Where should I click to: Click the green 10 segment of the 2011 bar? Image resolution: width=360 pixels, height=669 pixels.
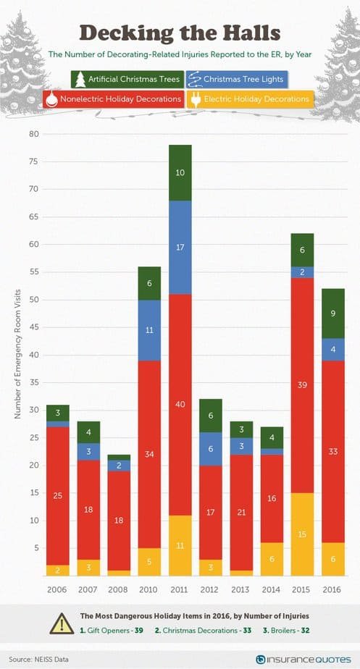click(x=180, y=173)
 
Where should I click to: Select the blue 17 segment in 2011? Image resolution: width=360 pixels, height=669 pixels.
click(x=180, y=248)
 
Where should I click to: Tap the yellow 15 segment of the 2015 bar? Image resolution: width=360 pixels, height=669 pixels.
click(x=303, y=534)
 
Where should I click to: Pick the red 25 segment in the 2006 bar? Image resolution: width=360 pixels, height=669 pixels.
click(x=57, y=496)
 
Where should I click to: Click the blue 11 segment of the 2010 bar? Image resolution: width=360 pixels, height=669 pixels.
click(x=149, y=330)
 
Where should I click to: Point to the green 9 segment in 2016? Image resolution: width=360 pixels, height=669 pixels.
click(x=333, y=314)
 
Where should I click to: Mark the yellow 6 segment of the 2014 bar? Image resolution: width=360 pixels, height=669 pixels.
click(x=272, y=559)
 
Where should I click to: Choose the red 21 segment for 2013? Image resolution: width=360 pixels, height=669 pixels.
click(x=241, y=513)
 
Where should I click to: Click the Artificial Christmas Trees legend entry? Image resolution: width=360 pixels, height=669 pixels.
click(x=127, y=80)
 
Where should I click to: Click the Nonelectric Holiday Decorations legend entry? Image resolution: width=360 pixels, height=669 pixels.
click(x=114, y=99)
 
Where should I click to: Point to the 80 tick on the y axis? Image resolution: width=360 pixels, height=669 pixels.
click(x=34, y=135)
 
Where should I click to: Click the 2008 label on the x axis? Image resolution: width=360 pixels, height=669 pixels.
click(x=119, y=589)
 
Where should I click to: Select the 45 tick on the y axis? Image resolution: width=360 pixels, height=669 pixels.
click(x=34, y=327)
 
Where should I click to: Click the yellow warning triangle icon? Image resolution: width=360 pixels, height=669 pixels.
click(x=62, y=623)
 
